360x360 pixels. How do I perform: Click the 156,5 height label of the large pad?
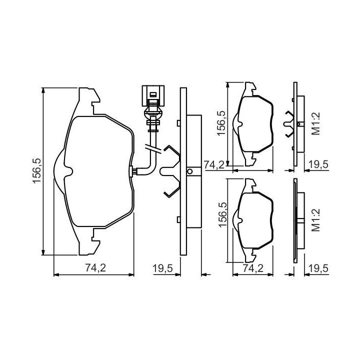[37, 170]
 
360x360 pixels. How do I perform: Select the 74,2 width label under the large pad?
[95, 267]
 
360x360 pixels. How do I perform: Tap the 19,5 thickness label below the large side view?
[163, 268]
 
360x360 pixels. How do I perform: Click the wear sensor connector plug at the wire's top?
[153, 95]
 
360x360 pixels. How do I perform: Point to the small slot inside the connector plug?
[152, 94]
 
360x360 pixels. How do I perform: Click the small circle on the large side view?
[190, 171]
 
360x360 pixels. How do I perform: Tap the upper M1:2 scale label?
[315, 123]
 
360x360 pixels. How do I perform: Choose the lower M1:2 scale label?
[315, 220]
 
